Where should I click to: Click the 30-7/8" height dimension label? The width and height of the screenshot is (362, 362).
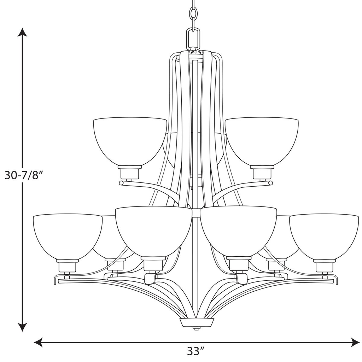[24, 175]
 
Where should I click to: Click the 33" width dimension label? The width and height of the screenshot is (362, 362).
[196, 351]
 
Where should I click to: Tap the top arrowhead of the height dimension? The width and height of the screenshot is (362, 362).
[22, 32]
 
